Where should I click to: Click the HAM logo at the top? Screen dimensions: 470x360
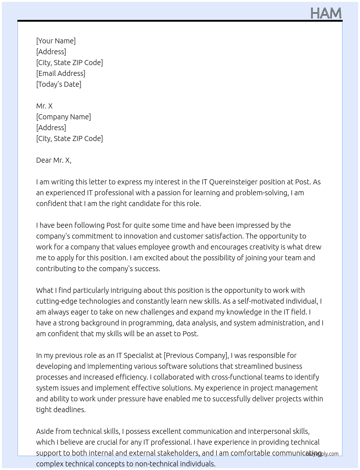326,13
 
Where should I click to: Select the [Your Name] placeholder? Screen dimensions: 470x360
56,41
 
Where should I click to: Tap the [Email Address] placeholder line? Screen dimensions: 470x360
61,73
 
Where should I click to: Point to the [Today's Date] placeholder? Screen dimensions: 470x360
59,84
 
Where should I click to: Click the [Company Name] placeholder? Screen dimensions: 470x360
64,117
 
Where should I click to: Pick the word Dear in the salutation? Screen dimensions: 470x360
44,160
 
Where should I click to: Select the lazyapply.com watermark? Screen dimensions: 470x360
322,454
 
